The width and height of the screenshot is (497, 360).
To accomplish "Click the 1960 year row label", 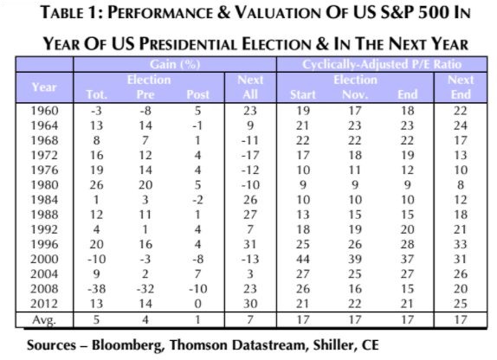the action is pyautogui.click(x=44, y=111).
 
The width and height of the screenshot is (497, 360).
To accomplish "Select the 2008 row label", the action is pyautogui.click(x=44, y=289).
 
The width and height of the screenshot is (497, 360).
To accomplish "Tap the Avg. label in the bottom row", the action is pyautogui.click(x=44, y=319).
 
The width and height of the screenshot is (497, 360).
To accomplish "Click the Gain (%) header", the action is pyautogui.click(x=175, y=64).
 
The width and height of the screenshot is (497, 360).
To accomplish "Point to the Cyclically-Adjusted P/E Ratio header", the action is pyautogui.click(x=382, y=64).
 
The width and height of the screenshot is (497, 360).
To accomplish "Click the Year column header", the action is pyautogui.click(x=44, y=87).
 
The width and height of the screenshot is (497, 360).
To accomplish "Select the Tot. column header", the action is pyautogui.click(x=97, y=94).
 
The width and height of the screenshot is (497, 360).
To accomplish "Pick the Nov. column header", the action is pyautogui.click(x=355, y=94).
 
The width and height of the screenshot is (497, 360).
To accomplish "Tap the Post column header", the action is pyautogui.click(x=197, y=94).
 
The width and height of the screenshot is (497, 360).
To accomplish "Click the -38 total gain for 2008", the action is pyautogui.click(x=97, y=289).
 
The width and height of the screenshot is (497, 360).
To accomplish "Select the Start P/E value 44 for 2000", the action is pyautogui.click(x=303, y=260).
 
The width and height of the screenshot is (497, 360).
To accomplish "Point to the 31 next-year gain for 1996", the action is pyautogui.click(x=250, y=244).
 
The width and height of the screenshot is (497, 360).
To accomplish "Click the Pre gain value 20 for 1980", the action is pyautogui.click(x=145, y=185).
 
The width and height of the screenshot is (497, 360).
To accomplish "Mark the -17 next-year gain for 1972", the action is pyautogui.click(x=250, y=155).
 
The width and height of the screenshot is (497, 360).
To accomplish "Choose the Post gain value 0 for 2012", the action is pyautogui.click(x=197, y=304).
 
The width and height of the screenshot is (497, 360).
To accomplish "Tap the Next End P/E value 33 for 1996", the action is pyautogui.click(x=461, y=244).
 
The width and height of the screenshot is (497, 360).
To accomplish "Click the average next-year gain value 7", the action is pyautogui.click(x=250, y=319).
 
